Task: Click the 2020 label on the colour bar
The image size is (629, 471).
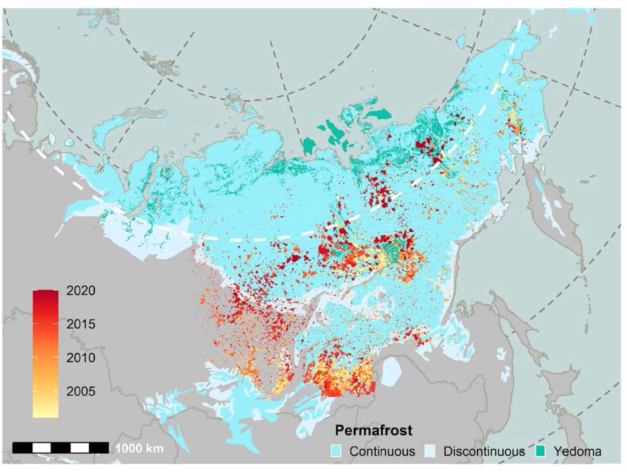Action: (81, 290)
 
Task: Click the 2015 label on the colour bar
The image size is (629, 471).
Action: (81, 324)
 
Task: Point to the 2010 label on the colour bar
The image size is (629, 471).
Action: (81, 358)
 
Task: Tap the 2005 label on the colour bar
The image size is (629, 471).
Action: (81, 391)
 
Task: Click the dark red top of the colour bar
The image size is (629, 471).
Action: (46, 296)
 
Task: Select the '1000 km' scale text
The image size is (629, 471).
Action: (139, 448)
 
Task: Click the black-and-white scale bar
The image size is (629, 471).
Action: (61, 448)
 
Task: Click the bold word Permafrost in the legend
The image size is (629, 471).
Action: (373, 430)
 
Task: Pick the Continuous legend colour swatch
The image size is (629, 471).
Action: (336, 451)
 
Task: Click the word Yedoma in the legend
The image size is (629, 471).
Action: (577, 451)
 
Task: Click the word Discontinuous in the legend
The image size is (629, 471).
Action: (484, 451)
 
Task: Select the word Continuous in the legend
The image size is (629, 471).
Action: (382, 451)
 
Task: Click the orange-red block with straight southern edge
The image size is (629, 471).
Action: (346, 387)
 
